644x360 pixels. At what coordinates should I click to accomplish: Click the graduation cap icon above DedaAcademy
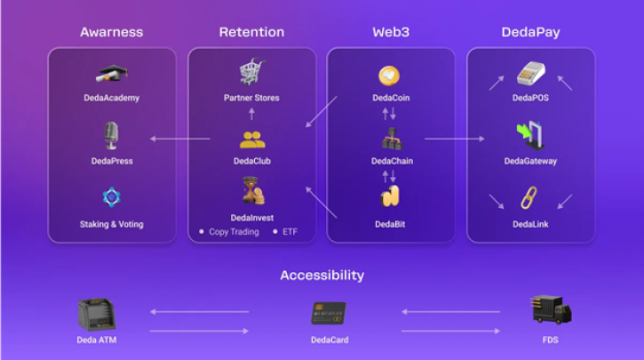[x=112, y=74]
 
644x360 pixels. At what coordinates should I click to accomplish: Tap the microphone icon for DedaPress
[x=111, y=136]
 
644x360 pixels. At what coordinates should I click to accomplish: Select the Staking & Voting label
[x=112, y=224]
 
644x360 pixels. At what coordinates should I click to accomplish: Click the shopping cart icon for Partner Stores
[x=252, y=71]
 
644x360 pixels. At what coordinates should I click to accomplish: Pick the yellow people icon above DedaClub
[x=252, y=140]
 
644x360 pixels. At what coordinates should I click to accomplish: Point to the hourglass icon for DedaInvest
[x=253, y=191]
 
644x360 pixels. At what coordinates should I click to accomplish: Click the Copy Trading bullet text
[x=235, y=232]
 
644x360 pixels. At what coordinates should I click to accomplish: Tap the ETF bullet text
[x=290, y=232]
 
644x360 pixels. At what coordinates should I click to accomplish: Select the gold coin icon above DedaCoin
[x=389, y=76]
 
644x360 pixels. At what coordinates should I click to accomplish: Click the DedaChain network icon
[x=392, y=139]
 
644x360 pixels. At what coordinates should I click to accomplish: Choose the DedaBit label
[x=390, y=224]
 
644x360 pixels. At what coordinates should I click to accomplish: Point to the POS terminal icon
[x=530, y=74]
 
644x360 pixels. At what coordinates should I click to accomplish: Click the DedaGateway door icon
[x=530, y=136]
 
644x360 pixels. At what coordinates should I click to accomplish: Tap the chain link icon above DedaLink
[x=529, y=197]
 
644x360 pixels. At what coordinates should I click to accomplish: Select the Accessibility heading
[x=322, y=276]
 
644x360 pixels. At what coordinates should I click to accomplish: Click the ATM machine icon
[x=97, y=315]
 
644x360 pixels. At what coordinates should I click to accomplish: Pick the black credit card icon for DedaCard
[x=329, y=314]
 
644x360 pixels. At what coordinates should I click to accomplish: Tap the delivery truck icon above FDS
[x=551, y=310]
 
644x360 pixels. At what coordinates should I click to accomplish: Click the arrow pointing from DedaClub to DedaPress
[x=180, y=139]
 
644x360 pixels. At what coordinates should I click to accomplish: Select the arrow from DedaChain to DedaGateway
[x=455, y=139]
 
